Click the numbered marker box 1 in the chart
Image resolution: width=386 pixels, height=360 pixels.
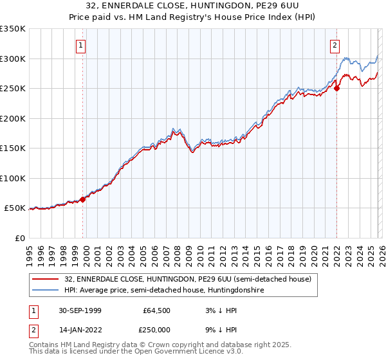pos(81,45)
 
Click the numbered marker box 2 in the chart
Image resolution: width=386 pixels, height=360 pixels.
pos(335,45)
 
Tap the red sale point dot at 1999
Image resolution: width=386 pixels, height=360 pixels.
pos(83,199)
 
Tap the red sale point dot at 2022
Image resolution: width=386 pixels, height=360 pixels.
pos(337,89)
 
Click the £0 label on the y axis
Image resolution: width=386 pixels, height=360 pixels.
pos(20,238)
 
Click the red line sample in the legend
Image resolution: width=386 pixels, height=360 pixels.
pos(46,279)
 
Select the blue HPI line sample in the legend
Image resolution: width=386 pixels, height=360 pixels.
pos(46,291)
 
